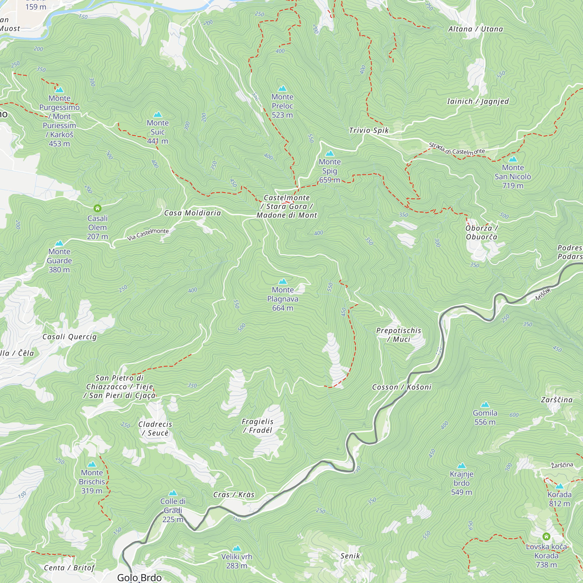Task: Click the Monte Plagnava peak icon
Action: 282,282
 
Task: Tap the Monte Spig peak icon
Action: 329,154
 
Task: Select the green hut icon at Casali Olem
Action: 97,208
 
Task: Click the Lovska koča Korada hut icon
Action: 546,537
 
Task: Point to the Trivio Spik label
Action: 369,130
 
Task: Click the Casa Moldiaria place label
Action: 192,213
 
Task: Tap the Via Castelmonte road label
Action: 148,234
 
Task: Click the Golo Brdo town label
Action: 139,577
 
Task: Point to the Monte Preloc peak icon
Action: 282,88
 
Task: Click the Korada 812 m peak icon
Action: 559,486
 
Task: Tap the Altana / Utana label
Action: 475,29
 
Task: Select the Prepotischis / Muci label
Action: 398,335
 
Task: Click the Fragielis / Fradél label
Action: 257,426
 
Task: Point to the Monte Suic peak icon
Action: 157,114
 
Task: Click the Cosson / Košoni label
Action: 402,387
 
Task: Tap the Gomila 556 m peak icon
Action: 485,405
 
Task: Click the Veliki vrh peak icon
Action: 237,548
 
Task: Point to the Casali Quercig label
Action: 69,337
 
